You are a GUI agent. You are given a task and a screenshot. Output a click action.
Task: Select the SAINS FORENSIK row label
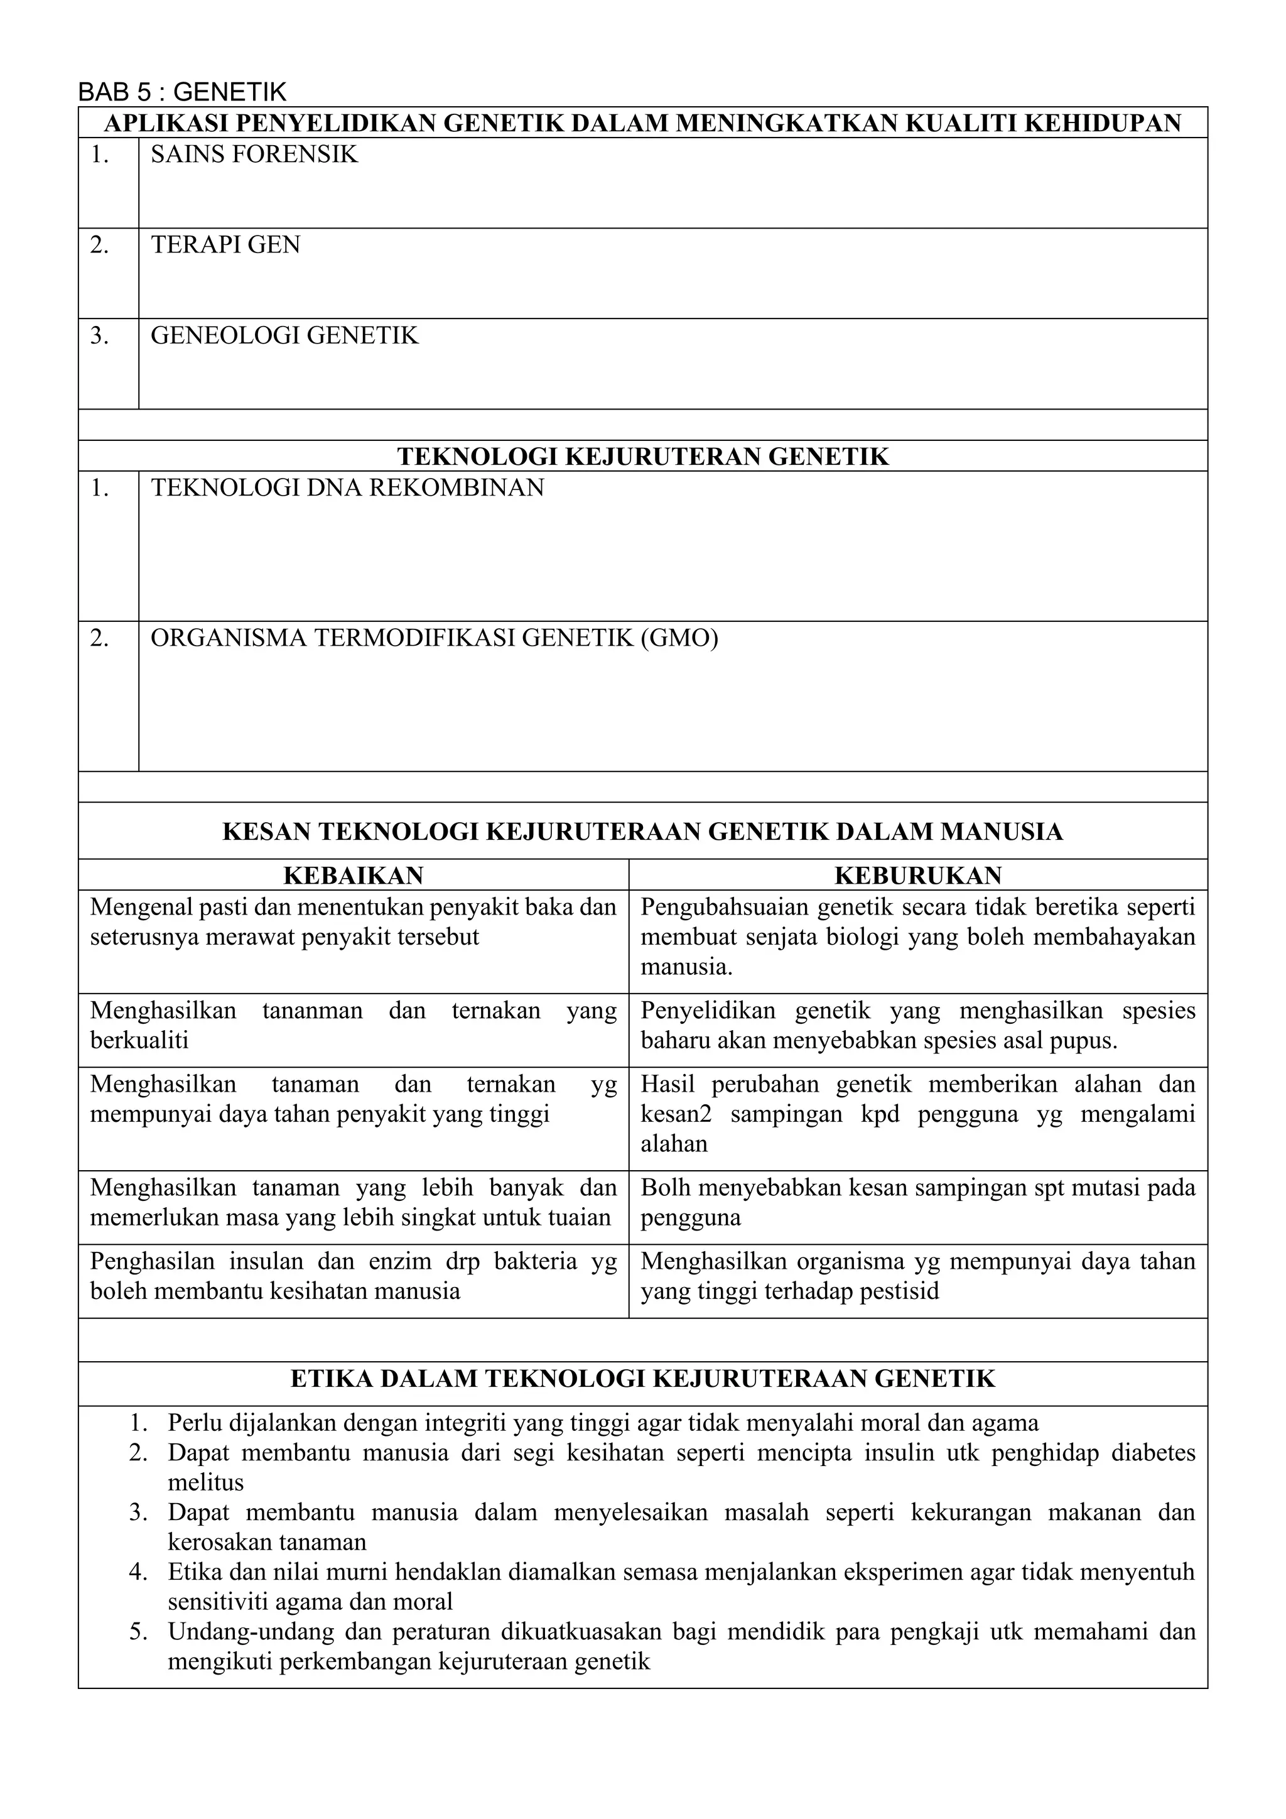pyautogui.click(x=254, y=155)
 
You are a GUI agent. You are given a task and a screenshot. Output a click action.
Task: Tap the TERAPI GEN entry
pyautogui.click(x=225, y=245)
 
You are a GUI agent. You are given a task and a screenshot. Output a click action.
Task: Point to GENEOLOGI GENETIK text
pyautogui.click(x=284, y=336)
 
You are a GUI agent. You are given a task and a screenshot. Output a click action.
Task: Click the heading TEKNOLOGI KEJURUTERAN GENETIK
pyautogui.click(x=642, y=457)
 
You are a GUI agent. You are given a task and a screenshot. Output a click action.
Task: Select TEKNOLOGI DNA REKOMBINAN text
pyautogui.click(x=348, y=488)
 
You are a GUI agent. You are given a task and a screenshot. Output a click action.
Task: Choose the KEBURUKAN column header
pyautogui.click(x=918, y=876)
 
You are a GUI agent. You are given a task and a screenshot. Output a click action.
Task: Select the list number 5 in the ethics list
pyautogui.click(x=139, y=1632)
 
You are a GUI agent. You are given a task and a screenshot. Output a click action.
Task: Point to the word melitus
pyautogui.click(x=206, y=1483)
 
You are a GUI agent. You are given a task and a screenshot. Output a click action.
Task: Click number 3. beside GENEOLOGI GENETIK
pyautogui.click(x=99, y=336)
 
